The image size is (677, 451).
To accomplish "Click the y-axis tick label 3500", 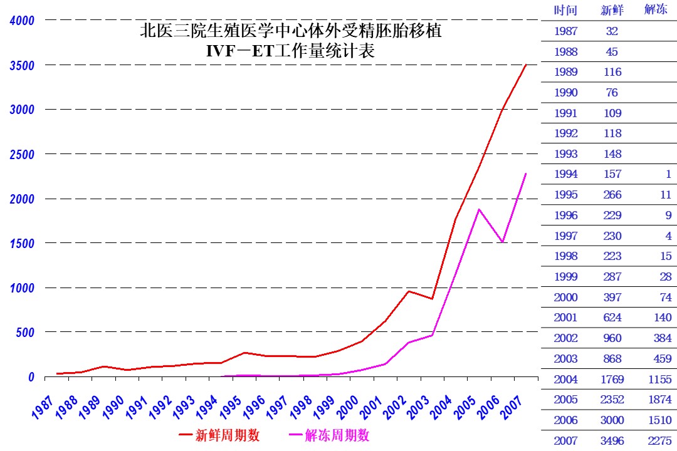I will point(22,65).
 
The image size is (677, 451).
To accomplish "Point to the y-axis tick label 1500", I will point(22,243).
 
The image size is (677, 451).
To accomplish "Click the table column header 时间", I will point(565,10).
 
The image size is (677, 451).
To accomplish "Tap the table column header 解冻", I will point(656,10).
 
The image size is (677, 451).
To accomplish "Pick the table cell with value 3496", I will point(612,440).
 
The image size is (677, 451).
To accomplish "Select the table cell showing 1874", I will point(658,400).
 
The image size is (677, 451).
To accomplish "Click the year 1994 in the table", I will point(565,174).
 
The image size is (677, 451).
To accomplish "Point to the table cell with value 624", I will point(612,318).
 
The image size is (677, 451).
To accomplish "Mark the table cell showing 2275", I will point(658,440).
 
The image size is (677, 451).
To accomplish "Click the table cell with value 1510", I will point(658,420).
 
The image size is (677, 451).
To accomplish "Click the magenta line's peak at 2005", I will point(480,209).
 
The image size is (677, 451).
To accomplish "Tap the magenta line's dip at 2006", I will point(503,242).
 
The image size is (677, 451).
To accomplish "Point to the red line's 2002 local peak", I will point(409,291).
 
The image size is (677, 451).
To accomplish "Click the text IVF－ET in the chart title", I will point(241,52).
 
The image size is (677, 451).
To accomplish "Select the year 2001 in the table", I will point(565,318).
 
